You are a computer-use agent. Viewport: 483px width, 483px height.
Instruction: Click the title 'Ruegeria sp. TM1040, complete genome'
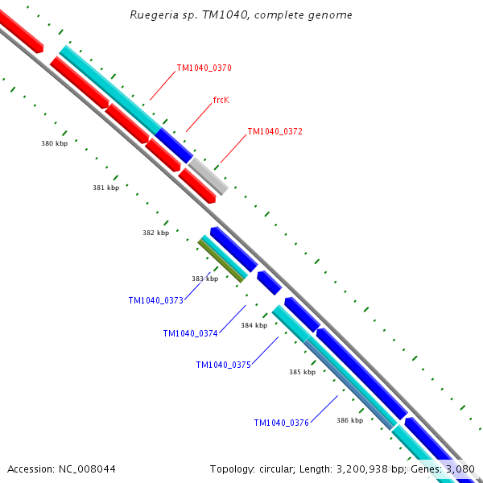click(x=241, y=15)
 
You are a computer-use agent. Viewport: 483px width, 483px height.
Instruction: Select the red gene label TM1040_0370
click(x=204, y=68)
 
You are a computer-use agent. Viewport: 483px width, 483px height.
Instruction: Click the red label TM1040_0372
click(x=275, y=131)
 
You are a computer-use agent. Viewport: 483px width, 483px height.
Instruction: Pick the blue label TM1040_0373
click(x=155, y=300)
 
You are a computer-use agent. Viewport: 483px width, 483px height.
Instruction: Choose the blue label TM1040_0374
click(x=190, y=333)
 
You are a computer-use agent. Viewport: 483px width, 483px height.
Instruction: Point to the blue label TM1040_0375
click(x=223, y=365)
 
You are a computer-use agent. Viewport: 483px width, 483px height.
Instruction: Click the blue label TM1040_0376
click(x=281, y=423)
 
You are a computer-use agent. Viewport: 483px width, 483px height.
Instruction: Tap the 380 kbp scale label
click(x=54, y=144)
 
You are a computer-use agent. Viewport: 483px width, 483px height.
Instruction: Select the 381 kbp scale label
click(x=105, y=188)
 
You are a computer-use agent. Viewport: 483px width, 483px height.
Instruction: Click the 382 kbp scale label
click(x=155, y=233)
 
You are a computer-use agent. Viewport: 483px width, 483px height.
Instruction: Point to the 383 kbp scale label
click(x=204, y=279)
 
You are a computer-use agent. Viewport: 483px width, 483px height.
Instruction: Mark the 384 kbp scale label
click(x=254, y=325)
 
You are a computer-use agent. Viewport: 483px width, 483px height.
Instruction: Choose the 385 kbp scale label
click(x=302, y=372)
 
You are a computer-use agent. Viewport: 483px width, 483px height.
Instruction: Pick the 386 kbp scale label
click(x=349, y=420)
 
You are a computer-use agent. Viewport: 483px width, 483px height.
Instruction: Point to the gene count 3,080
click(x=460, y=469)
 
